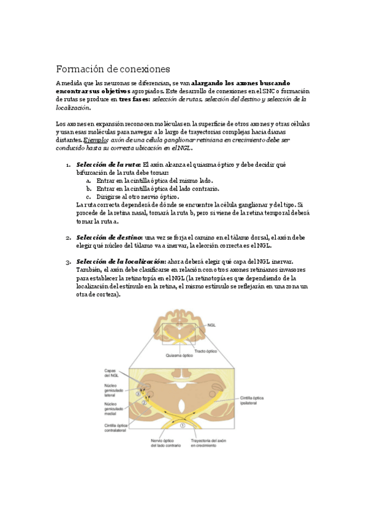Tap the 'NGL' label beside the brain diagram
tap(212, 326)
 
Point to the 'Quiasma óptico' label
tap(179, 355)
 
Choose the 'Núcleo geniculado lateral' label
tap(115, 390)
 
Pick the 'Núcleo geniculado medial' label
tap(115, 408)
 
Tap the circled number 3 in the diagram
tap(138, 394)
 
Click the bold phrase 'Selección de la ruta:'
tap(108, 165)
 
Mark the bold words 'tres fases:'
tap(134, 99)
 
